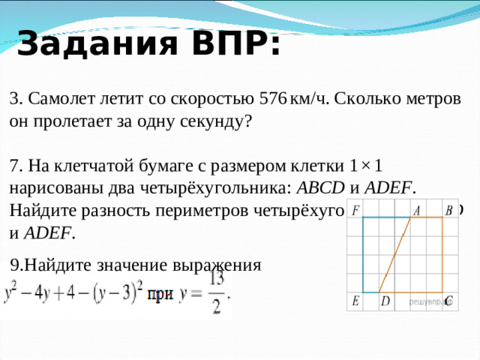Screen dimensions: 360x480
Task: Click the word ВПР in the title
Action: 231,43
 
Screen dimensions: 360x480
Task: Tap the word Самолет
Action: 63,99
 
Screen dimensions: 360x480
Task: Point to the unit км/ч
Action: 308,99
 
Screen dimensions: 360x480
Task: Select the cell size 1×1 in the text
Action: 367,165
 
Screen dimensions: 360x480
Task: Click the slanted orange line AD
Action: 394,255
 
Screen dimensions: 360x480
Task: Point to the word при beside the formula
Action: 160,294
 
